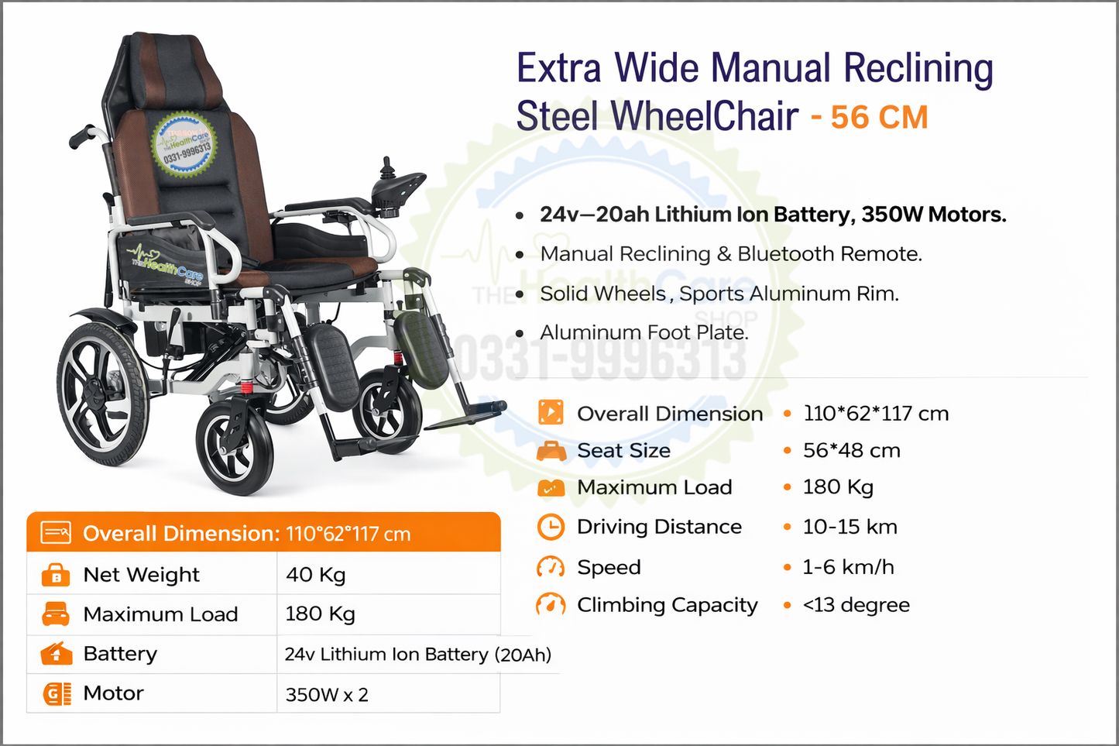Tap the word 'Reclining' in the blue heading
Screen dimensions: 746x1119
[x=918, y=68]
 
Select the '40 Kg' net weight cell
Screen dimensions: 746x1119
[x=316, y=575]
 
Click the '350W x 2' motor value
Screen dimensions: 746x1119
[x=327, y=694]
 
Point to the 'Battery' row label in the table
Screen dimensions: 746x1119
[x=120, y=654]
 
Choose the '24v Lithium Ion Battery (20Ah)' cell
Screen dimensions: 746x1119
[x=417, y=655]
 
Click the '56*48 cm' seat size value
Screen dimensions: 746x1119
[x=851, y=451]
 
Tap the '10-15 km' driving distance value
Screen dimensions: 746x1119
[x=850, y=527]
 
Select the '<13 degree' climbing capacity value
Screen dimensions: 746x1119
[x=856, y=605]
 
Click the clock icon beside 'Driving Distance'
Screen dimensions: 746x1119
[x=551, y=527]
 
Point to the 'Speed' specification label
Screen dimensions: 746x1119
[x=609, y=567]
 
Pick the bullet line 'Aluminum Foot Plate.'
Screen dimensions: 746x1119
[x=644, y=333]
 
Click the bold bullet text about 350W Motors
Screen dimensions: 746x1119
[x=773, y=215]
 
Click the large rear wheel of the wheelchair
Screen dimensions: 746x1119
[x=104, y=393]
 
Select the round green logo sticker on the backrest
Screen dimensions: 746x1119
[x=184, y=145]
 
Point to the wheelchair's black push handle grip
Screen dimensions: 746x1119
[x=81, y=139]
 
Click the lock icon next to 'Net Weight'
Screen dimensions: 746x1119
[x=56, y=575]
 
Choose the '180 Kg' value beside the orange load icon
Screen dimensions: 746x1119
[x=838, y=487]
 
